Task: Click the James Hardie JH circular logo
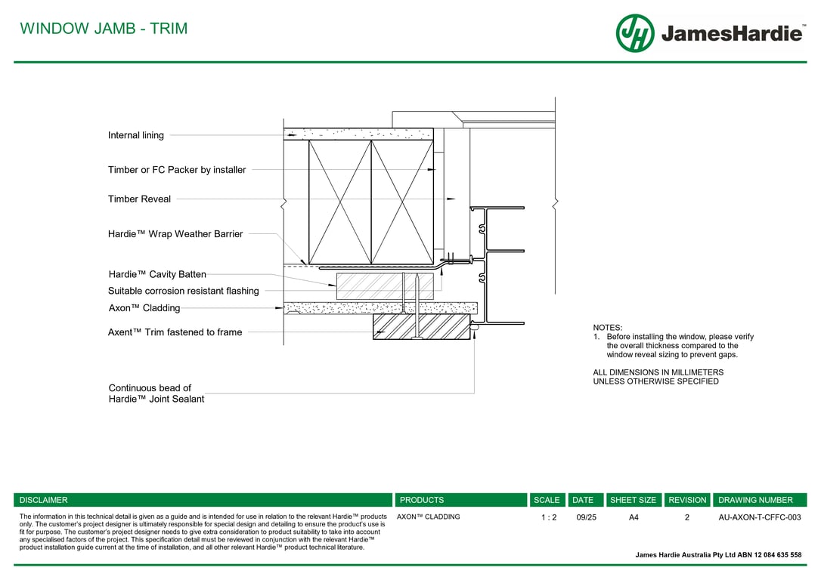(634, 33)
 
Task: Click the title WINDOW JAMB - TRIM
(104, 29)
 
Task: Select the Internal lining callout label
(136, 135)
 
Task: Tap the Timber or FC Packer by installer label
(177, 170)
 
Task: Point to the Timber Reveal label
(139, 199)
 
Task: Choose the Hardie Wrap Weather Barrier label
(175, 234)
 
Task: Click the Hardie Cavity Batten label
(157, 275)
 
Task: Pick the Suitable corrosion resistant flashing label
(184, 291)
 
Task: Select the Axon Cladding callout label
(144, 308)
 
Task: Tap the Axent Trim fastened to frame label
(175, 332)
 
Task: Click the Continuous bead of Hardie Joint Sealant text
(156, 393)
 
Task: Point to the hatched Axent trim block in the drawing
(421, 327)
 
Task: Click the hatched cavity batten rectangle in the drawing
(385, 285)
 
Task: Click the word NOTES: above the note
(607, 328)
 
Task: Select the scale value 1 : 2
(549, 517)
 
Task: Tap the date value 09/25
(586, 517)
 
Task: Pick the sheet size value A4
(634, 517)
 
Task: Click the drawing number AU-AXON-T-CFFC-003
(759, 517)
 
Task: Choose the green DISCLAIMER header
(44, 500)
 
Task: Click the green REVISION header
(687, 500)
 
